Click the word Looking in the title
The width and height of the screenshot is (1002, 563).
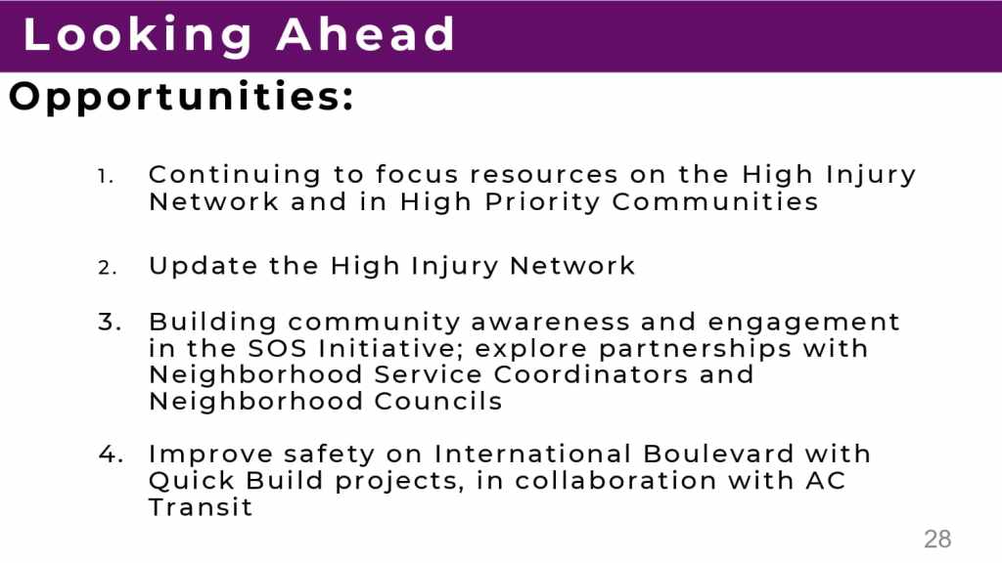138,35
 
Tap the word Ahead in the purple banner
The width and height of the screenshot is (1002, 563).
366,34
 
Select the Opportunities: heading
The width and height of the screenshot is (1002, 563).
181,98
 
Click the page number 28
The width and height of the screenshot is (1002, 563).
937,540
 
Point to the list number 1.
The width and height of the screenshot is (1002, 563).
106,176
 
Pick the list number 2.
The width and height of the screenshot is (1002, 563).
108,268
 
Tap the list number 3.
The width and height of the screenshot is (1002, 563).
110,322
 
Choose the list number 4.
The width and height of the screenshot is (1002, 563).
111,454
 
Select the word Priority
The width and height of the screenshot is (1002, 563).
542,202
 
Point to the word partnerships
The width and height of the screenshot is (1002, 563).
696,349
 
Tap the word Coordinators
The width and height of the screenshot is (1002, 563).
590,374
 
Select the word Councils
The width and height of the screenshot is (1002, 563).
438,402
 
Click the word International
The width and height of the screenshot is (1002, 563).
533,454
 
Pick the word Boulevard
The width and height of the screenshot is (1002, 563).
718,454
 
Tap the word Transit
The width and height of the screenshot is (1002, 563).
201,507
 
